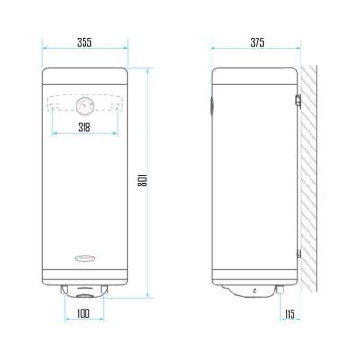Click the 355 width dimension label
pos(85,41)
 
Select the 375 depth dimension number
pos(256,41)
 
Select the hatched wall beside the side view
pos(311,180)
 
